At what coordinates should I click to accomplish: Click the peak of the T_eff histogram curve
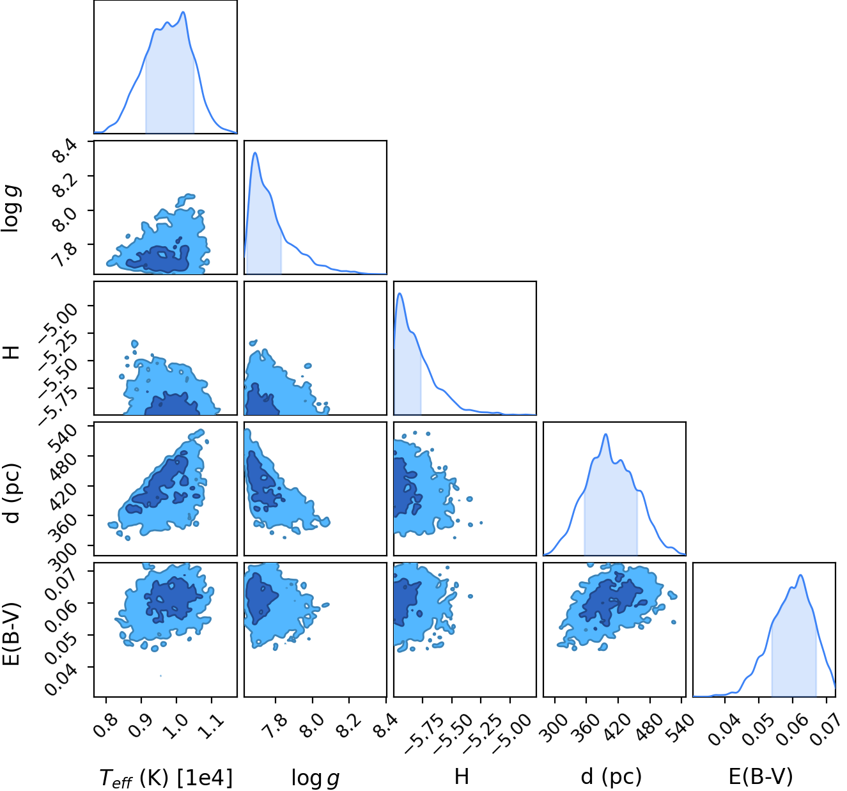point(183,12)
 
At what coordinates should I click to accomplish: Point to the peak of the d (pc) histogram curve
point(605,434)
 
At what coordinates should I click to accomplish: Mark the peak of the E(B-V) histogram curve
point(800,575)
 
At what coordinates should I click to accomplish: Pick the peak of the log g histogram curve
point(255,153)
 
